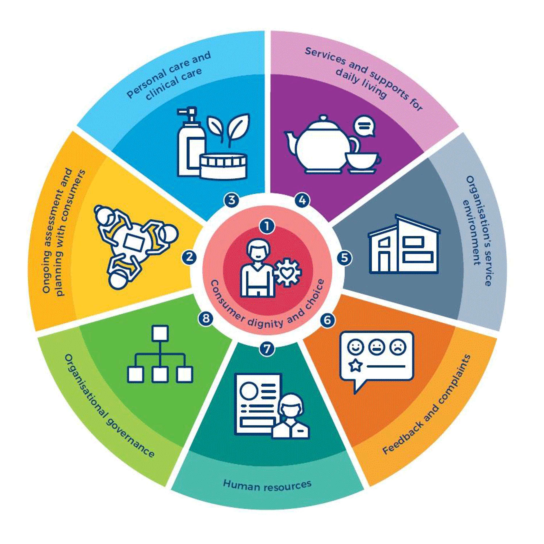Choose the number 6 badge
click(x=327, y=320)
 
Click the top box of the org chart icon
click(x=160, y=333)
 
